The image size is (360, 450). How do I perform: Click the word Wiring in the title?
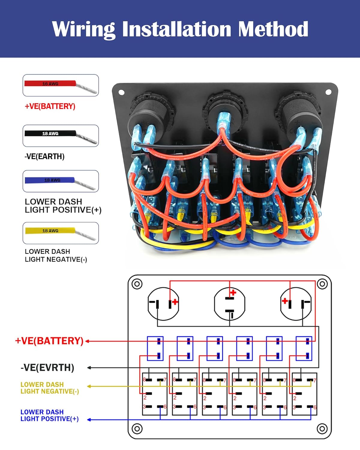click(83, 29)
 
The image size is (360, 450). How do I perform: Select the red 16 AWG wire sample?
click(50, 84)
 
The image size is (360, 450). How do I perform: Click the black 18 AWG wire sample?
click(50, 133)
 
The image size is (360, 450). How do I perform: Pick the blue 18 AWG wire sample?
click(50, 180)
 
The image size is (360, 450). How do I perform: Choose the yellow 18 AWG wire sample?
click(50, 231)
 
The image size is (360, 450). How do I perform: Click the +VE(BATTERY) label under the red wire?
click(50, 106)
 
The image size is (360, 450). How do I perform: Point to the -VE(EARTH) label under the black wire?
click(44, 157)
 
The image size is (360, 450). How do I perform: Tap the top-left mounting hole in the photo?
click(121, 92)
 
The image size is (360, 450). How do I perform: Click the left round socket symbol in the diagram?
click(163, 304)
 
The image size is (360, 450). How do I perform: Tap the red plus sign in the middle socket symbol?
click(233, 292)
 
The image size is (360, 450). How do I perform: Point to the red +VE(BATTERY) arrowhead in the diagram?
click(87, 341)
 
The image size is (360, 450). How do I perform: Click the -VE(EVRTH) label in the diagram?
click(47, 367)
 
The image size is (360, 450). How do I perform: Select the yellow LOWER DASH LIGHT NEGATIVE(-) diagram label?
click(49, 388)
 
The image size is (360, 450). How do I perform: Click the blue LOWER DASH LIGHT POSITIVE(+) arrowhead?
click(89, 419)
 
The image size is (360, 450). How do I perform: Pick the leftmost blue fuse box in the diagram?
click(155, 348)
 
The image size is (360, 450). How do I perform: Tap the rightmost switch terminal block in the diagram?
click(304, 394)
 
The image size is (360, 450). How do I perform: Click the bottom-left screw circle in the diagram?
click(137, 429)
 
